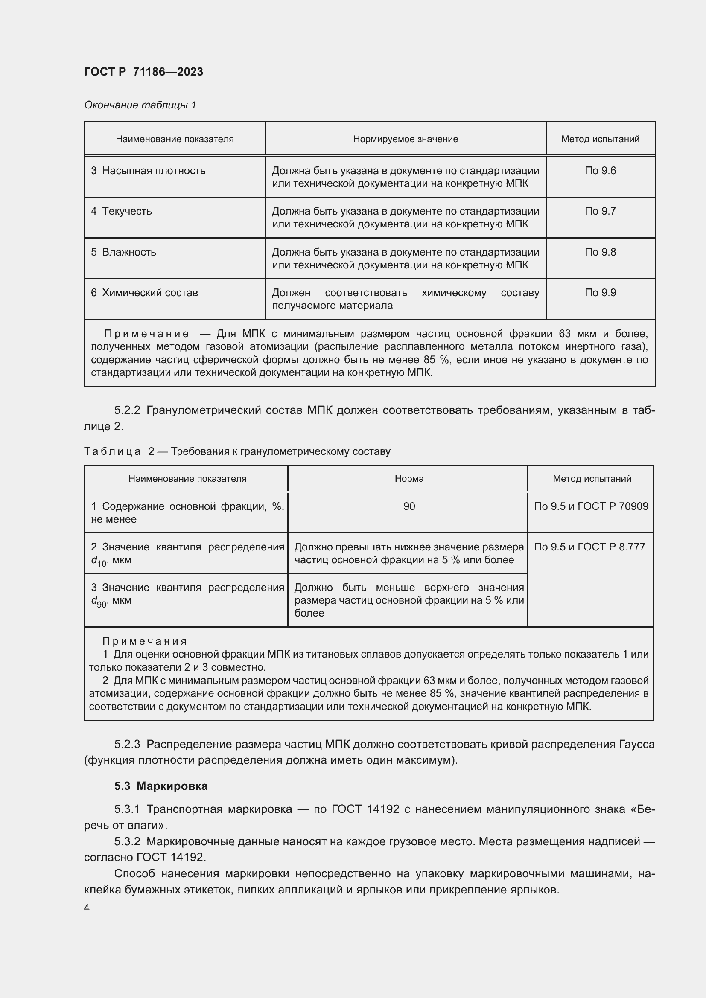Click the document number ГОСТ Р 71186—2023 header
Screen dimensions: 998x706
pos(143,72)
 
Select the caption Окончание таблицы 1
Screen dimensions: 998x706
pos(140,105)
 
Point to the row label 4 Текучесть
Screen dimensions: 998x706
pos(121,211)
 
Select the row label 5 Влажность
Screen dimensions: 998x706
pos(123,252)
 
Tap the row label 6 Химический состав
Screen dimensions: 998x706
pos(144,293)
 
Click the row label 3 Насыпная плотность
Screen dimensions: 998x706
pos(148,171)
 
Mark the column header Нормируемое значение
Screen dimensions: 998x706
pos(405,139)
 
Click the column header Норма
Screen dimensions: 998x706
pos(408,479)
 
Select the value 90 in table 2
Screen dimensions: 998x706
pos(408,506)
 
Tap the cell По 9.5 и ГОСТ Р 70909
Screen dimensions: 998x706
pos(591,506)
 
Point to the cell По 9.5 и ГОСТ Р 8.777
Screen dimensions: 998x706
pos(589,547)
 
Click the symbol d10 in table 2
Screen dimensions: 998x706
pos(98,561)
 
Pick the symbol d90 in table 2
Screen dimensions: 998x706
pos(98,602)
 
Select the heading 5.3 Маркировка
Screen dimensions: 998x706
pos(161,786)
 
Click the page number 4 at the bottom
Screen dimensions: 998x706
pos(87,908)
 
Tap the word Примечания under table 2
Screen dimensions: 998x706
pos(144,641)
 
